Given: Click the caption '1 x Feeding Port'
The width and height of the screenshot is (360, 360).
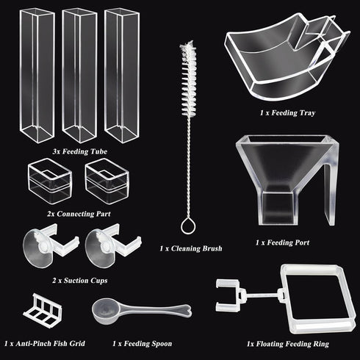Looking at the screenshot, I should (x=283, y=242).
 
